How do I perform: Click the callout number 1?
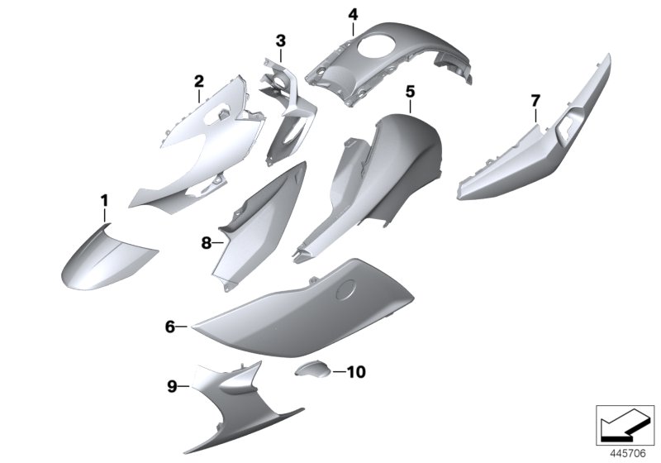click(105, 201)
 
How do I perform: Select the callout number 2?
click(198, 81)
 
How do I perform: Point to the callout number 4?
click(353, 14)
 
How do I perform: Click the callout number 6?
click(170, 327)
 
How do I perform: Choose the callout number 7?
click(535, 101)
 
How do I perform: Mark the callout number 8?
click(206, 243)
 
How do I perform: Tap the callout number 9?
click(173, 385)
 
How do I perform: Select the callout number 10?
click(354, 372)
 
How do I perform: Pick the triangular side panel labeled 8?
click(256, 223)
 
